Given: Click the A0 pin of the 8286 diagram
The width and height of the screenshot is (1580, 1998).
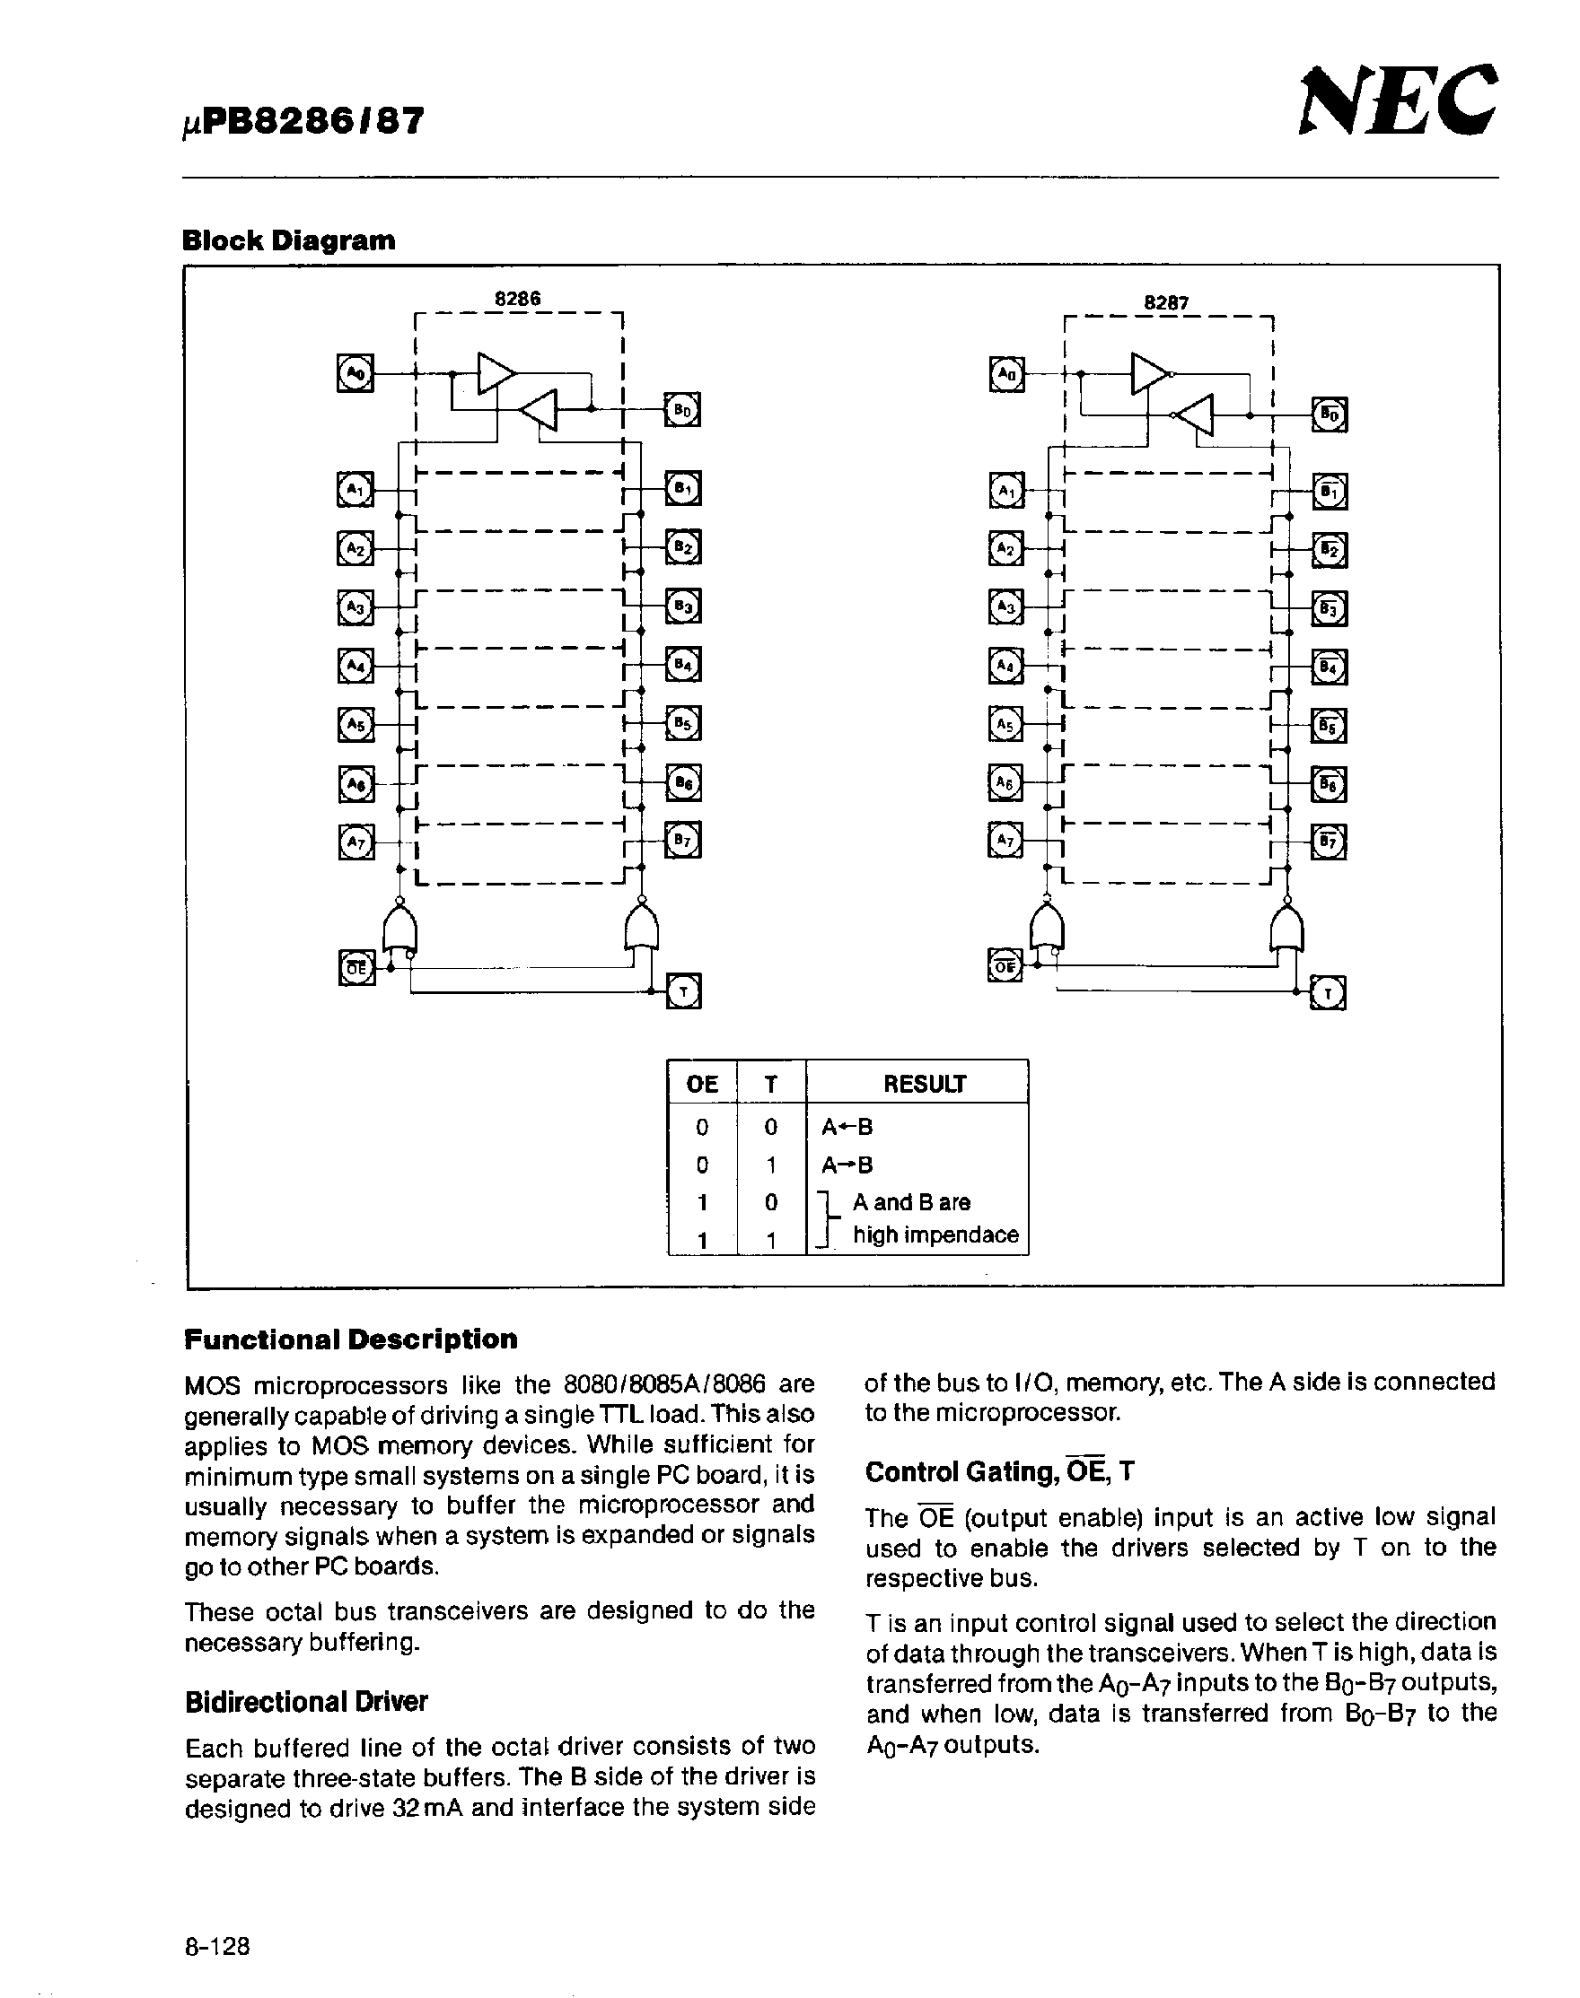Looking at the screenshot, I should pos(356,372).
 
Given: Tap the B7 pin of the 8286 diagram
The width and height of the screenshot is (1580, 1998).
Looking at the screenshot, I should pos(682,841).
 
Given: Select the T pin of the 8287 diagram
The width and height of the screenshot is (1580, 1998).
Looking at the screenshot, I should pos(1329,994).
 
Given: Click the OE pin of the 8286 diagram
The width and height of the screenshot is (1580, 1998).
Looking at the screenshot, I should pos(356,968).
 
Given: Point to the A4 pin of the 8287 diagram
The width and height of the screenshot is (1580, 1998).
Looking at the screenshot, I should pos(1006,666).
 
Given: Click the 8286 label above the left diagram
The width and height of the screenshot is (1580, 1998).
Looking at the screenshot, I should pos(517,299).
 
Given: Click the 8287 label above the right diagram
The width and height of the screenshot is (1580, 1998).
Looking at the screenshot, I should pos(1165,302).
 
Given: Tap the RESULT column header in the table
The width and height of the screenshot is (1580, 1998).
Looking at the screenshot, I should pos(923,1084).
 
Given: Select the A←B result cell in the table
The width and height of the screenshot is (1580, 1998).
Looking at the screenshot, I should pos(847,1126).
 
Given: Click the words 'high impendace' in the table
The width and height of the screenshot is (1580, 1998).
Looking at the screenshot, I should pos(935,1235).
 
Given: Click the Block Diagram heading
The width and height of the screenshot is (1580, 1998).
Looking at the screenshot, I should pos(288,240).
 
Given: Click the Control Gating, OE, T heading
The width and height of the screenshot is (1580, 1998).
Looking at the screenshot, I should pos(999,1471).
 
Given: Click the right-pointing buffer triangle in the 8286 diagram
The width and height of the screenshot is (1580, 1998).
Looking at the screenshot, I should pos(495,372).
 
